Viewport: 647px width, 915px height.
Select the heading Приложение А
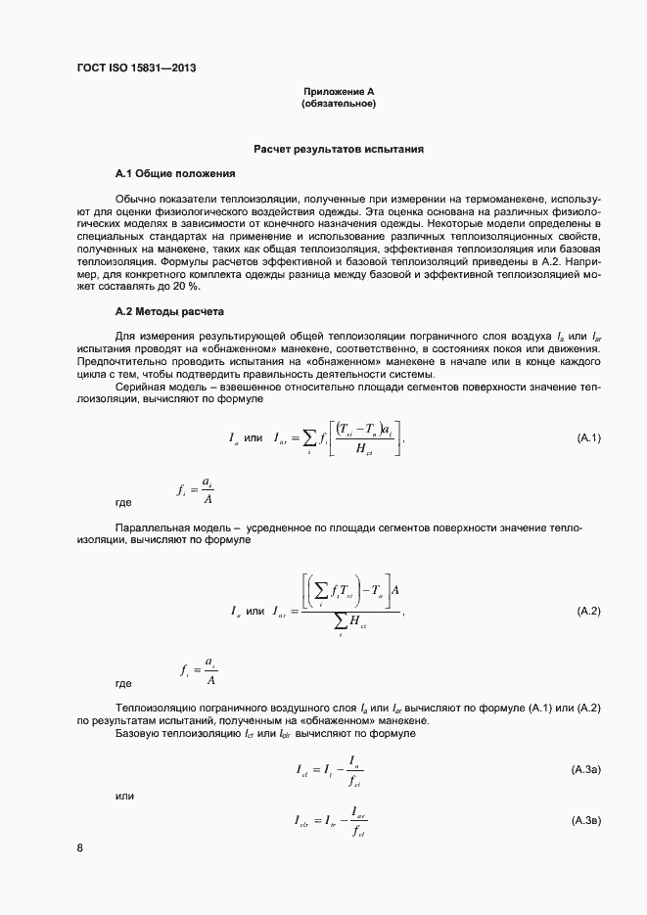(339, 91)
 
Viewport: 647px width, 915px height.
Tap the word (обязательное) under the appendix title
(339, 103)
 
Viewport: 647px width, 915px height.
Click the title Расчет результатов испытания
(339, 150)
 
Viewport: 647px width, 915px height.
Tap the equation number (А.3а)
(586, 770)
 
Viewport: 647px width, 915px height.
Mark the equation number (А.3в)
(586, 818)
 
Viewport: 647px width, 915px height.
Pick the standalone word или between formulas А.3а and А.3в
(124, 796)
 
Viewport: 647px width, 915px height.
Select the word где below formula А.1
(124, 502)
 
